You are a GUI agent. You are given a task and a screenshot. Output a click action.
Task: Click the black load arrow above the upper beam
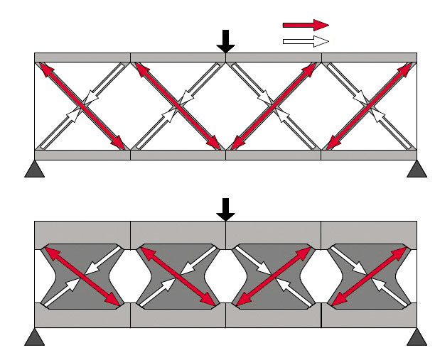coord(225,41)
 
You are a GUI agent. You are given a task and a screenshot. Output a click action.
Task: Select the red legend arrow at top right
coord(306,25)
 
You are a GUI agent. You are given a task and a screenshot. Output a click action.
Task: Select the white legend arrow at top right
coord(306,40)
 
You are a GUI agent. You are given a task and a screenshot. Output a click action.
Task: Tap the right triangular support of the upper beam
coord(417,168)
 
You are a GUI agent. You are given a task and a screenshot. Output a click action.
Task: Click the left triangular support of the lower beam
coord(34,337)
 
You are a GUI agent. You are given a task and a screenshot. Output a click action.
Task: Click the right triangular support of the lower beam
coord(417,337)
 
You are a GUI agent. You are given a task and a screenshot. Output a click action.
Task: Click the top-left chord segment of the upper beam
coord(82,57)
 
